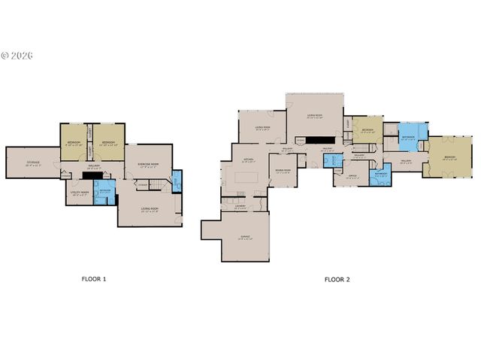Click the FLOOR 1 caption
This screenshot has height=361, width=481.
(x=94, y=279)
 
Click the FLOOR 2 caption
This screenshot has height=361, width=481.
(x=337, y=279)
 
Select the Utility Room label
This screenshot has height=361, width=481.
(x=80, y=193)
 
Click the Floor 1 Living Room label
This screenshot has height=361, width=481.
(x=150, y=209)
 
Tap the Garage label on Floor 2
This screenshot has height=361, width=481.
(x=246, y=236)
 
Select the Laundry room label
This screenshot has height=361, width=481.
(x=240, y=205)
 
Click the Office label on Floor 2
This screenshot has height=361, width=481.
(x=351, y=177)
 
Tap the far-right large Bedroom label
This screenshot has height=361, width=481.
(x=449, y=158)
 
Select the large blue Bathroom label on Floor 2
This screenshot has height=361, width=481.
(x=408, y=138)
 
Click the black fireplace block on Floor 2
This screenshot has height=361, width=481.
(x=323, y=140)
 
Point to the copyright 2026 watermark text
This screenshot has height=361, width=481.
(x=18, y=56)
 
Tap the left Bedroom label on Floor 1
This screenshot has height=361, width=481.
(x=74, y=143)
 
